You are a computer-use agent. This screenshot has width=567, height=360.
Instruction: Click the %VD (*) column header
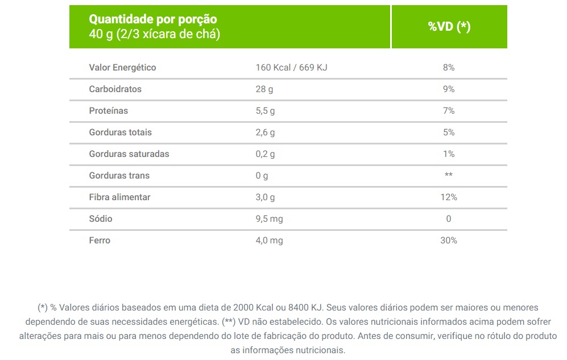pos(449,27)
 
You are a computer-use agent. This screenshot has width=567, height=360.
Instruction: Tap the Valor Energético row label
pos(122,68)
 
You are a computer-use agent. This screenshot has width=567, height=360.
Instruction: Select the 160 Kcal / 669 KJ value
pos(291,68)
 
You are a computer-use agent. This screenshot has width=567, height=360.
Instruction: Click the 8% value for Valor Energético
pos(449,68)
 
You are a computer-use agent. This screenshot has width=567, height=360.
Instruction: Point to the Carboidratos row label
pos(115,89)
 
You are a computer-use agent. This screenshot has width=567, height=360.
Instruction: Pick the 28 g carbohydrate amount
pos(264,89)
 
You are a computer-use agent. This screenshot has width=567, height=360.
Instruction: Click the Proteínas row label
pos(109,111)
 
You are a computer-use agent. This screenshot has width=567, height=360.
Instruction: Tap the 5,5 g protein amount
pos(265,111)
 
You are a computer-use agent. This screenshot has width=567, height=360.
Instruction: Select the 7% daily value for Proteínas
pos(449,111)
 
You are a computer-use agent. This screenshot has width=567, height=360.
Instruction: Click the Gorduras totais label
pos(120,133)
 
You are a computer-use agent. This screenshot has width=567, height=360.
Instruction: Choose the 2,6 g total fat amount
pos(265,133)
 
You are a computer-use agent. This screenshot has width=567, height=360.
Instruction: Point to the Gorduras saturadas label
pos(129,154)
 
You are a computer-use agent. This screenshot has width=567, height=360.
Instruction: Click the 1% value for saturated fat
pos(449,154)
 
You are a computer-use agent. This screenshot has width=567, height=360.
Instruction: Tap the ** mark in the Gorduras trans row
pos(449,175)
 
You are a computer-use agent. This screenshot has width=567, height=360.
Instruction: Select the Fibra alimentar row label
pos(119,197)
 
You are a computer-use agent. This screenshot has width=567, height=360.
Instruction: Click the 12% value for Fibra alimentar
pos(449,197)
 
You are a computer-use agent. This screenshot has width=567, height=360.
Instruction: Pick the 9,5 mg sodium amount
pos(269,219)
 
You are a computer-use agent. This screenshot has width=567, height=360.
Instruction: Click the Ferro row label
pos(100,241)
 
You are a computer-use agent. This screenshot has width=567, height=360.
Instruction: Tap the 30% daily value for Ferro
pos(449,241)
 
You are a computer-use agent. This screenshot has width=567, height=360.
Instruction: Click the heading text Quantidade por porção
pos(153,20)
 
